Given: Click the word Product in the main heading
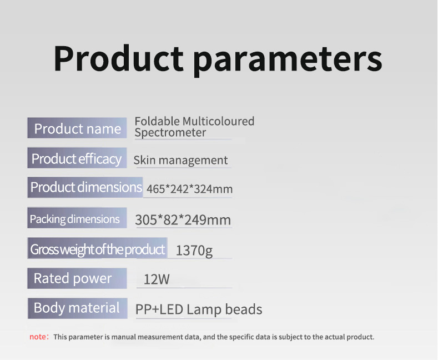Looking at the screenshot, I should [x=118, y=58].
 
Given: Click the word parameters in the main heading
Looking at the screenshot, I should [x=287, y=59].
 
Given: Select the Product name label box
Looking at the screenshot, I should [x=77, y=128].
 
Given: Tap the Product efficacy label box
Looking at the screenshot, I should [x=77, y=159].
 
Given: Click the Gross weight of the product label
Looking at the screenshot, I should [x=98, y=249].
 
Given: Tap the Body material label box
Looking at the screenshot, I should [x=77, y=308].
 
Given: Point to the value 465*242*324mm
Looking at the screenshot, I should [x=189, y=189].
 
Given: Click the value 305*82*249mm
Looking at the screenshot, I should [x=183, y=219].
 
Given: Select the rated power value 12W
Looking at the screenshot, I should [x=157, y=279].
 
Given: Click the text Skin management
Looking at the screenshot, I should [x=180, y=161].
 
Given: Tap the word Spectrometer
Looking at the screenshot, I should [x=170, y=133].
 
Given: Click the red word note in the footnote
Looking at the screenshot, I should [x=38, y=337].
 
